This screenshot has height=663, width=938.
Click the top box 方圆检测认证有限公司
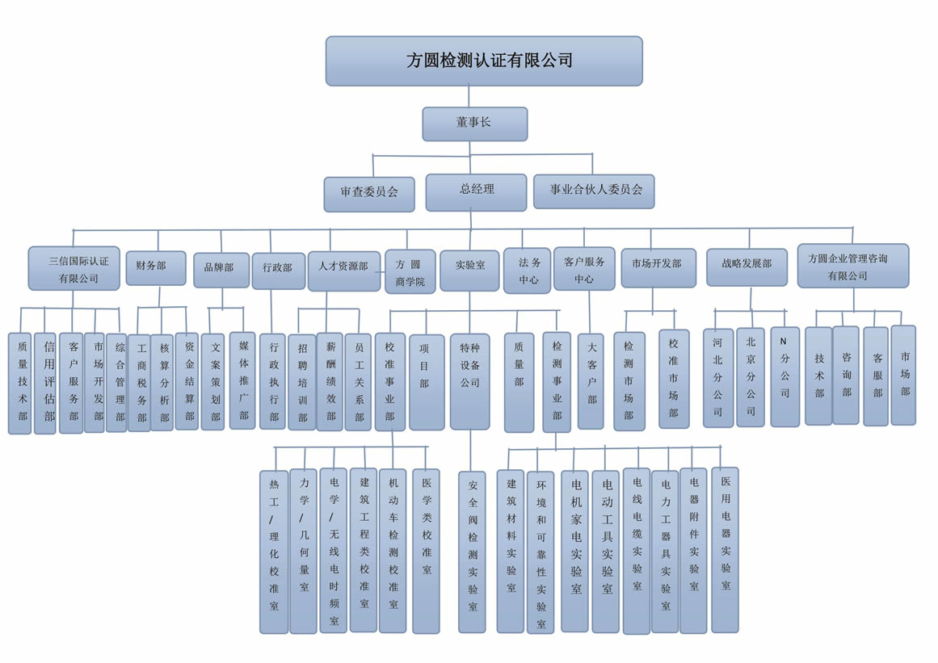pyautogui.click(x=484, y=61)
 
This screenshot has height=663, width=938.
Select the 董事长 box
pyautogui.click(x=474, y=124)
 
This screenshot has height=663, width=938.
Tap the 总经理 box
pyautogui.click(x=476, y=191)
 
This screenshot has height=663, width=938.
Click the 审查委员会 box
pyautogui.click(x=369, y=194)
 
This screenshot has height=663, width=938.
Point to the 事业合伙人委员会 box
pyautogui.click(x=594, y=191)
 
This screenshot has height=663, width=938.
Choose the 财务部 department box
pyautogui.click(x=155, y=267)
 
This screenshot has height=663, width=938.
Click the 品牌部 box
pyautogui.click(x=221, y=270)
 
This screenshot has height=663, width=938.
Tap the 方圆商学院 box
pyautogui.click(x=410, y=272)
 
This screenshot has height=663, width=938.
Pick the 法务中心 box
pyautogui.click(x=528, y=271)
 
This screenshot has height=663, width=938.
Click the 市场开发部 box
pyautogui.click(x=658, y=267)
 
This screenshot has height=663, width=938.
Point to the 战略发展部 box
pyautogui.click(x=747, y=267)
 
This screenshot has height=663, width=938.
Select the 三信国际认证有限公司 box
pyautogui.click(x=74, y=268)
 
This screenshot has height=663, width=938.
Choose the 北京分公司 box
pyautogui.click(x=750, y=377)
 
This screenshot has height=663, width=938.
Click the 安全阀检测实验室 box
pyautogui.click(x=473, y=552)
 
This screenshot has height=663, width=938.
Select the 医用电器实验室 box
pyautogui.click(x=725, y=549)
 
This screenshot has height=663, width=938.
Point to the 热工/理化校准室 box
pyautogui.click(x=274, y=552)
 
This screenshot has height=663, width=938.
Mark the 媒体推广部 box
pyautogui.click(x=242, y=380)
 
